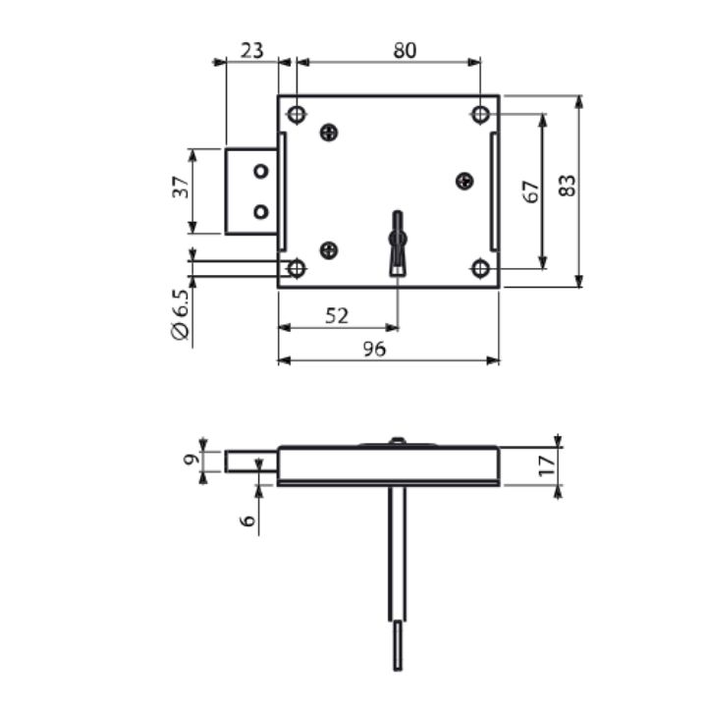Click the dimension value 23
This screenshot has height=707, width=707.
(251, 50)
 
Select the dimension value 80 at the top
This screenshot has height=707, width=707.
(405, 50)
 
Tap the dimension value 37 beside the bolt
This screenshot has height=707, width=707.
(181, 188)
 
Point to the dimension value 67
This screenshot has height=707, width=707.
(531, 191)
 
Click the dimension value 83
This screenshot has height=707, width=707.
(568, 186)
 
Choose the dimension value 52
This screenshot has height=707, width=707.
(337, 316)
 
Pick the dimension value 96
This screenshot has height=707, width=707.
(374, 349)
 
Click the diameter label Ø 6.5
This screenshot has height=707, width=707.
(181, 315)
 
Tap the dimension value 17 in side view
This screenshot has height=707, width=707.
(547, 465)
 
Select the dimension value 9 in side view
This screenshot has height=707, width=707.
(191, 460)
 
